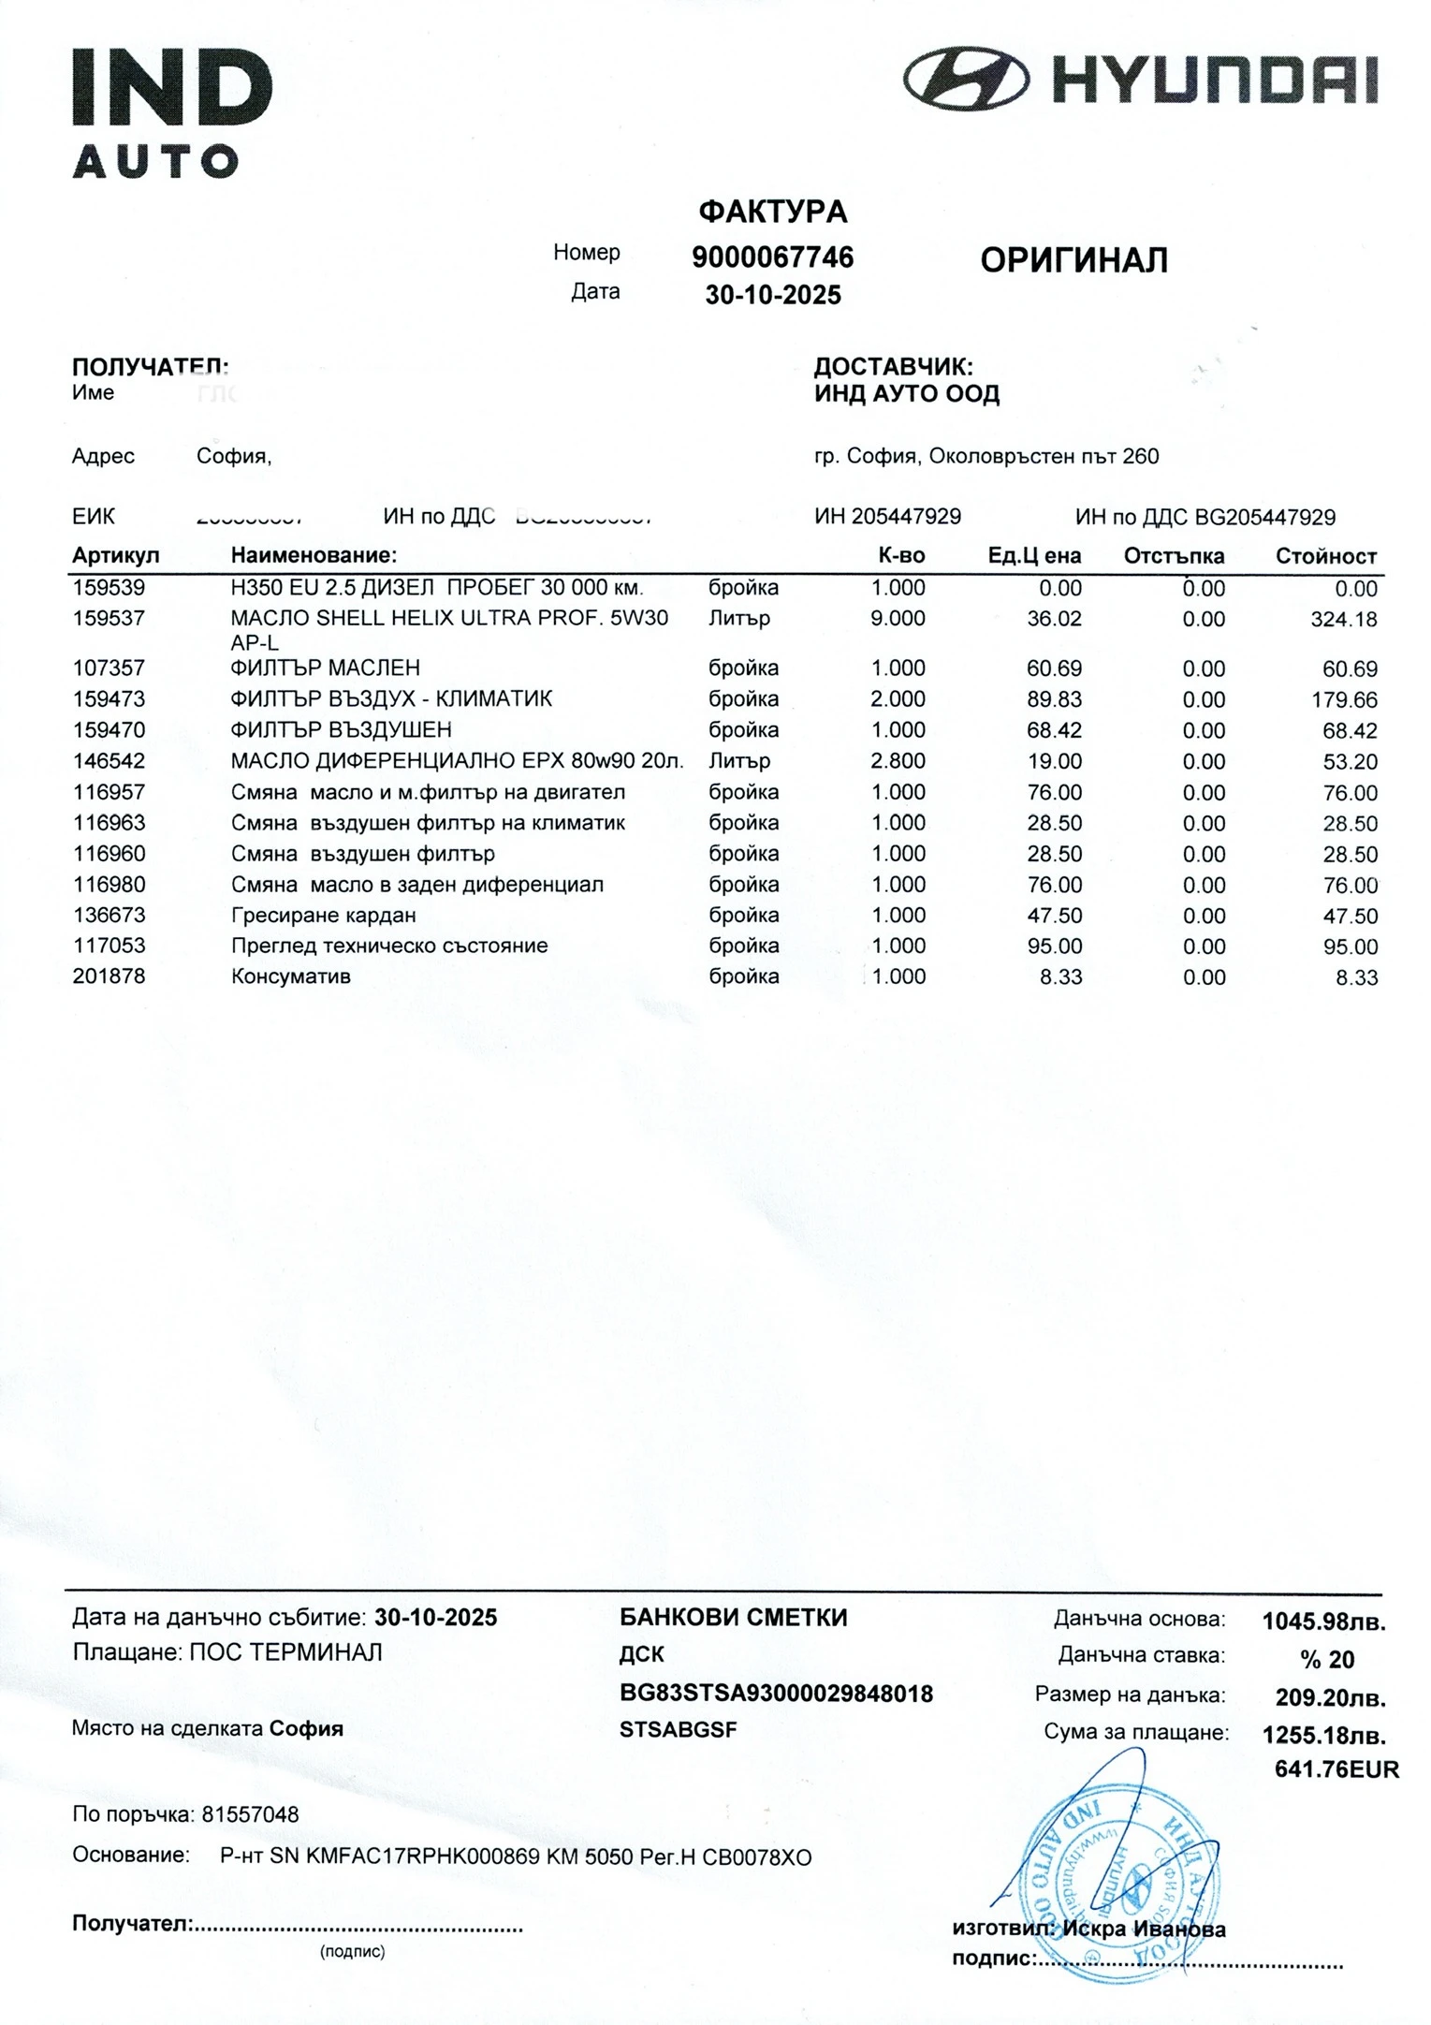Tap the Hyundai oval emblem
966,78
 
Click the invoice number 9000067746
772,257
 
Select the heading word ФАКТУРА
772,213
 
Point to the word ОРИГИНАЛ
1073,260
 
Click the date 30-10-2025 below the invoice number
772,295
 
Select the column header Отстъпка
1174,556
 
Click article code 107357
109,668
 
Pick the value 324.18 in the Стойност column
1344,620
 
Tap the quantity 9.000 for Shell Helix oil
898,619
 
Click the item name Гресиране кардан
323,916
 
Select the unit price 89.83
1054,699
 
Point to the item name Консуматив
290,977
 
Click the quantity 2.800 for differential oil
898,761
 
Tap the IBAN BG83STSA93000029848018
776,1694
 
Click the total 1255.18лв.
1323,1735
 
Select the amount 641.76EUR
1336,1769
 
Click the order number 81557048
250,1814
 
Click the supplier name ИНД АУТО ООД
906,394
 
